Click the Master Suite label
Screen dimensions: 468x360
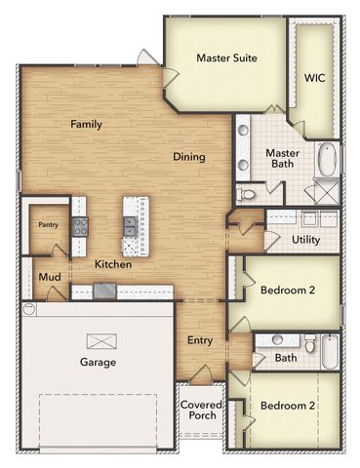(x=226, y=58)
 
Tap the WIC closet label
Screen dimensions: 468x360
(x=314, y=78)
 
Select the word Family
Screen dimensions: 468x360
(x=86, y=124)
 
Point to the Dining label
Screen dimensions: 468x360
(x=188, y=157)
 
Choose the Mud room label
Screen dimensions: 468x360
(x=49, y=278)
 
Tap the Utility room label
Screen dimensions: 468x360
(x=306, y=239)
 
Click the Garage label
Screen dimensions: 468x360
(x=98, y=363)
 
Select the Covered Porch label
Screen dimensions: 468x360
(x=201, y=410)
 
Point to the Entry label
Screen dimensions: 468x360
(x=201, y=340)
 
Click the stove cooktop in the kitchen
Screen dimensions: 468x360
(x=80, y=226)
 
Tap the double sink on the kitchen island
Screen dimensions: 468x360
(x=131, y=226)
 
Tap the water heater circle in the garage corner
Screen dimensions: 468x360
(x=29, y=310)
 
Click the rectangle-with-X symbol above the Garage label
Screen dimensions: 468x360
(x=100, y=340)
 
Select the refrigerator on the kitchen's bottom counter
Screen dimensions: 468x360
(x=104, y=290)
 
